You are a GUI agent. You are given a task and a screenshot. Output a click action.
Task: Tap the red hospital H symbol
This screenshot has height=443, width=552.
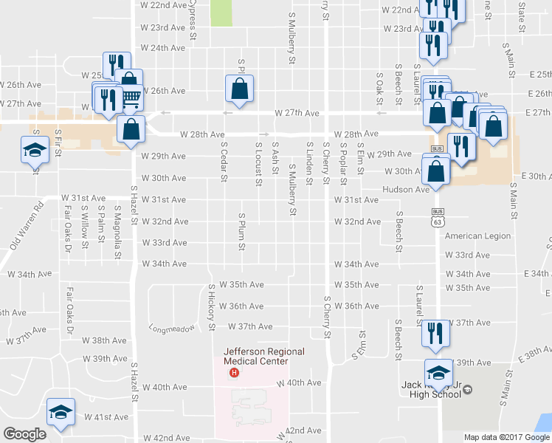coord(234,371)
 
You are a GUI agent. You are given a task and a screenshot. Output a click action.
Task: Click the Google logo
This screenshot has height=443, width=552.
coord(24,434)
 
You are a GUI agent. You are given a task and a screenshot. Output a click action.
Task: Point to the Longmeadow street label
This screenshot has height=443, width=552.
coord(172,328)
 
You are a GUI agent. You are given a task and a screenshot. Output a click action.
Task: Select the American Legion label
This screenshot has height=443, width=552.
coord(478,236)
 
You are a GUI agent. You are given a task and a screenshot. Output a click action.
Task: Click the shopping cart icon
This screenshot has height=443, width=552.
coord(130,96)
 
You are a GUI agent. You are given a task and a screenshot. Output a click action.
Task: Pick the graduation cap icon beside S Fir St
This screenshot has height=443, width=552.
coord(33,150)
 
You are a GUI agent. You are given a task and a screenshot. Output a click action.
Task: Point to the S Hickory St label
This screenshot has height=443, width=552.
coord(212,306)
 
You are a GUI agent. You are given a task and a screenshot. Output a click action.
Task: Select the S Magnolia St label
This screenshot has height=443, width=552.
coord(117,235)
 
